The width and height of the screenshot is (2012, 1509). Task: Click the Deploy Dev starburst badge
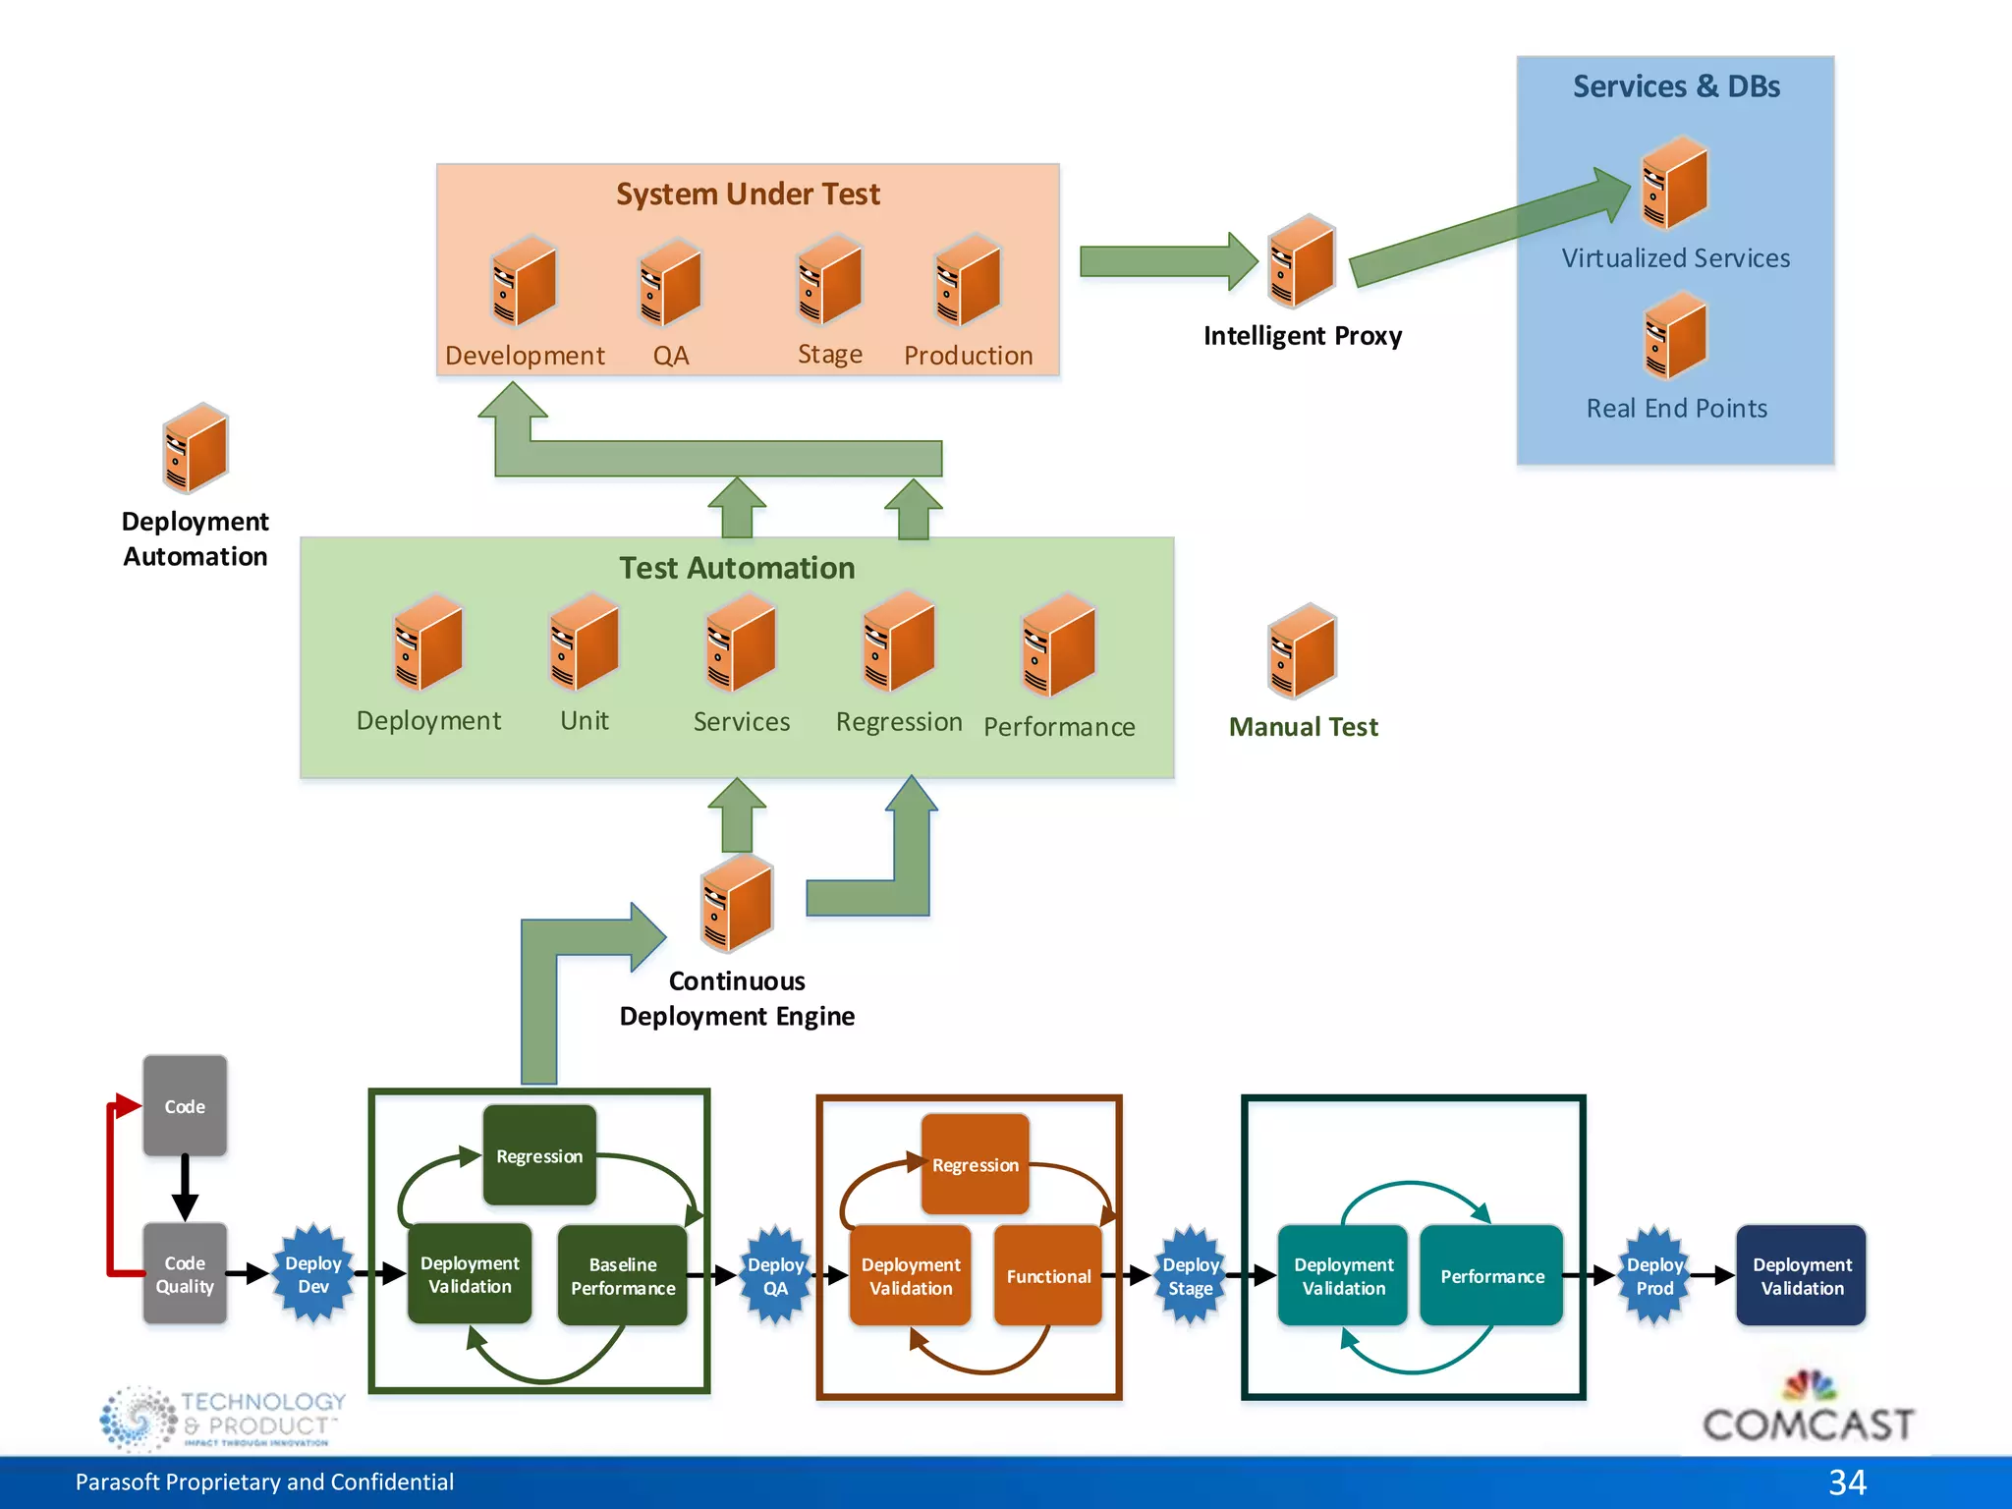312,1274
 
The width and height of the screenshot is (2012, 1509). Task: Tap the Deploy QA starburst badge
775,1276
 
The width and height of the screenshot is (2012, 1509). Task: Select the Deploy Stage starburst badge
1191,1276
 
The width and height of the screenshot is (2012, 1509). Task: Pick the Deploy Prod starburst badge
1654,1276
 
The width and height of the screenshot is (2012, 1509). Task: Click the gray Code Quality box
185,1274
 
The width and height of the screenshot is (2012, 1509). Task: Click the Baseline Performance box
623,1275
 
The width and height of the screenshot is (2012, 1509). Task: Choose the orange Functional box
1048,1275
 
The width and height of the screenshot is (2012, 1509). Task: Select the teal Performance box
1491,1275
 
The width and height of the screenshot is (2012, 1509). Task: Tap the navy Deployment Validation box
1801,1275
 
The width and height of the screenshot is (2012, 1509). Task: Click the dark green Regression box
539,1155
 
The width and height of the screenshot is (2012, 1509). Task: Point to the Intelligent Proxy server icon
1302,261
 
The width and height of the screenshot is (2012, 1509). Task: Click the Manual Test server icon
1302,650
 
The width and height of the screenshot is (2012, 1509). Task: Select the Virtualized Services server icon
1675,184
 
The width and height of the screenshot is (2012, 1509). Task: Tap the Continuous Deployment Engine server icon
737,902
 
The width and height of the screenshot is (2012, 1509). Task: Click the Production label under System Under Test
968,356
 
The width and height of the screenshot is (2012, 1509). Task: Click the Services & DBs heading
1676,86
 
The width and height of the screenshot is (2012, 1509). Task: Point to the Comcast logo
1808,1411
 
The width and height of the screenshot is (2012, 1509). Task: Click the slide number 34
1847,1481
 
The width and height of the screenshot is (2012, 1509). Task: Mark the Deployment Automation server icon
196,448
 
